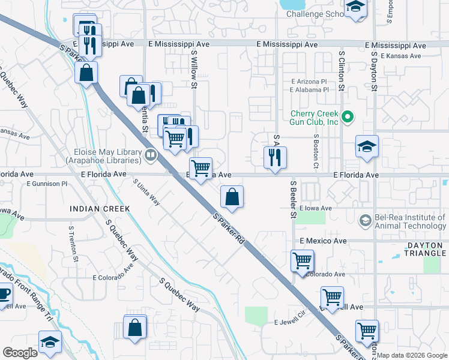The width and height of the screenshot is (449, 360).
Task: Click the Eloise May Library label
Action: tap(107, 157)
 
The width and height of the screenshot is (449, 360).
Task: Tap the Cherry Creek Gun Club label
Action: tap(315, 118)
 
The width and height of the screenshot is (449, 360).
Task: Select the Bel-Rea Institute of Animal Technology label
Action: tap(408, 221)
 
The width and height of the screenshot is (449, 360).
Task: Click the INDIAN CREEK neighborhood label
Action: tap(100, 209)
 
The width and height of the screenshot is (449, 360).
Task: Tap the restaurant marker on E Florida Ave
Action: tap(276, 158)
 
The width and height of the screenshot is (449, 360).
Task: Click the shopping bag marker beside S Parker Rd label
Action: tap(232, 197)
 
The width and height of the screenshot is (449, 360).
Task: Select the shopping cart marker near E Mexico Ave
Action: tap(301, 261)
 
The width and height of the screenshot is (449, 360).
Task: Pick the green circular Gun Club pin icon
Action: tap(347, 116)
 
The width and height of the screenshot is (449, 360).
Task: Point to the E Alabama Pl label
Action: tap(309, 90)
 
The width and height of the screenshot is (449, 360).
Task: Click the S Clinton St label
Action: tap(341, 70)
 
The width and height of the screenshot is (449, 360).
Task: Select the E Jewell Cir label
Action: tap(291, 322)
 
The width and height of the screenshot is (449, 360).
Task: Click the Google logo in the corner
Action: tap(20, 353)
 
